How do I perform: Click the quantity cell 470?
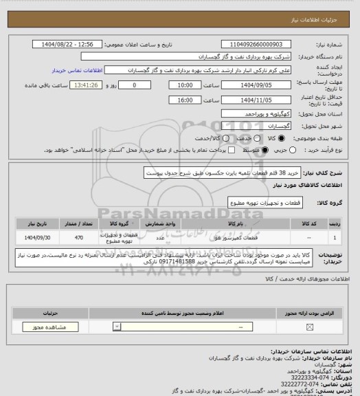[x=78, y=237]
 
